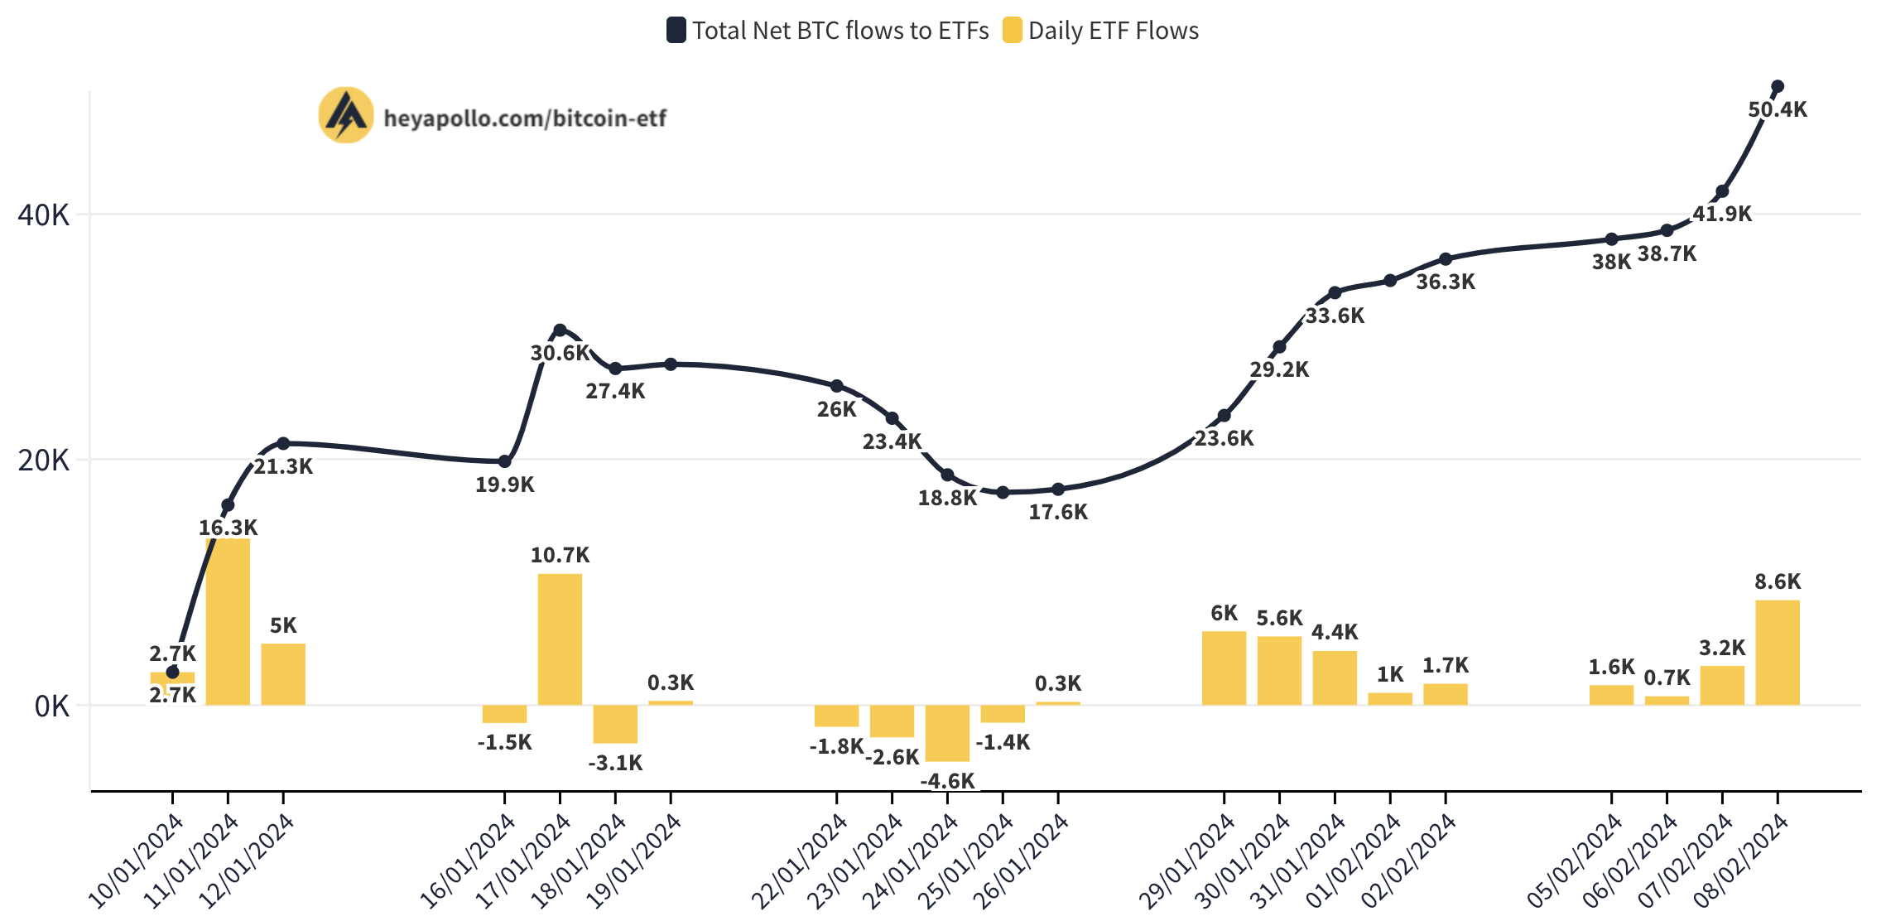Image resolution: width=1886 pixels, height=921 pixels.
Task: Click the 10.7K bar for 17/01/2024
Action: tap(560, 639)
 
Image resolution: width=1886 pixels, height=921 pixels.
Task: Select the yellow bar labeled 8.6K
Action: tap(1777, 653)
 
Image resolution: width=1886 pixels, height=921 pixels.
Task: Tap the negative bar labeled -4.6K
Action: tap(947, 733)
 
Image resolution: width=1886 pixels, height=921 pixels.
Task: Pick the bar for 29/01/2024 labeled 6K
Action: tap(1224, 668)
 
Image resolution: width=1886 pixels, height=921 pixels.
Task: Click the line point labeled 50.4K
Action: tap(1777, 86)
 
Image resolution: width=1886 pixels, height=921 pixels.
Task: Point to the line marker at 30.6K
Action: tap(560, 330)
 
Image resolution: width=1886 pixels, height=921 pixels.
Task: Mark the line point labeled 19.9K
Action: tap(504, 461)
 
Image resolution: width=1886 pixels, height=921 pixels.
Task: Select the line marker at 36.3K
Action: tap(1446, 259)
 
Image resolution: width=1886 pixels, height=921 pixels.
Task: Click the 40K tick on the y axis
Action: tap(44, 215)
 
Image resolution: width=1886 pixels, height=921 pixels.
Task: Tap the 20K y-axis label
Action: tap(44, 460)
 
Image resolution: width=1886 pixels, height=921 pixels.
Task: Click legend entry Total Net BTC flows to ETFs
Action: tap(828, 31)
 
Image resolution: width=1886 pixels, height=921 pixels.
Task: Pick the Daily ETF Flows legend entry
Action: tap(1101, 31)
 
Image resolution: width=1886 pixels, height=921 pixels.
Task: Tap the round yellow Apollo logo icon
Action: tap(346, 115)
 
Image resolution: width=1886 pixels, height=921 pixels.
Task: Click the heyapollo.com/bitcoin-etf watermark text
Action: tap(525, 118)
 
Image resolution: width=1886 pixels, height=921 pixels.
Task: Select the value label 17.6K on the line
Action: tap(1058, 512)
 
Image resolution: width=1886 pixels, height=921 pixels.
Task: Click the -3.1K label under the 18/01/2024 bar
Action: tap(615, 763)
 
